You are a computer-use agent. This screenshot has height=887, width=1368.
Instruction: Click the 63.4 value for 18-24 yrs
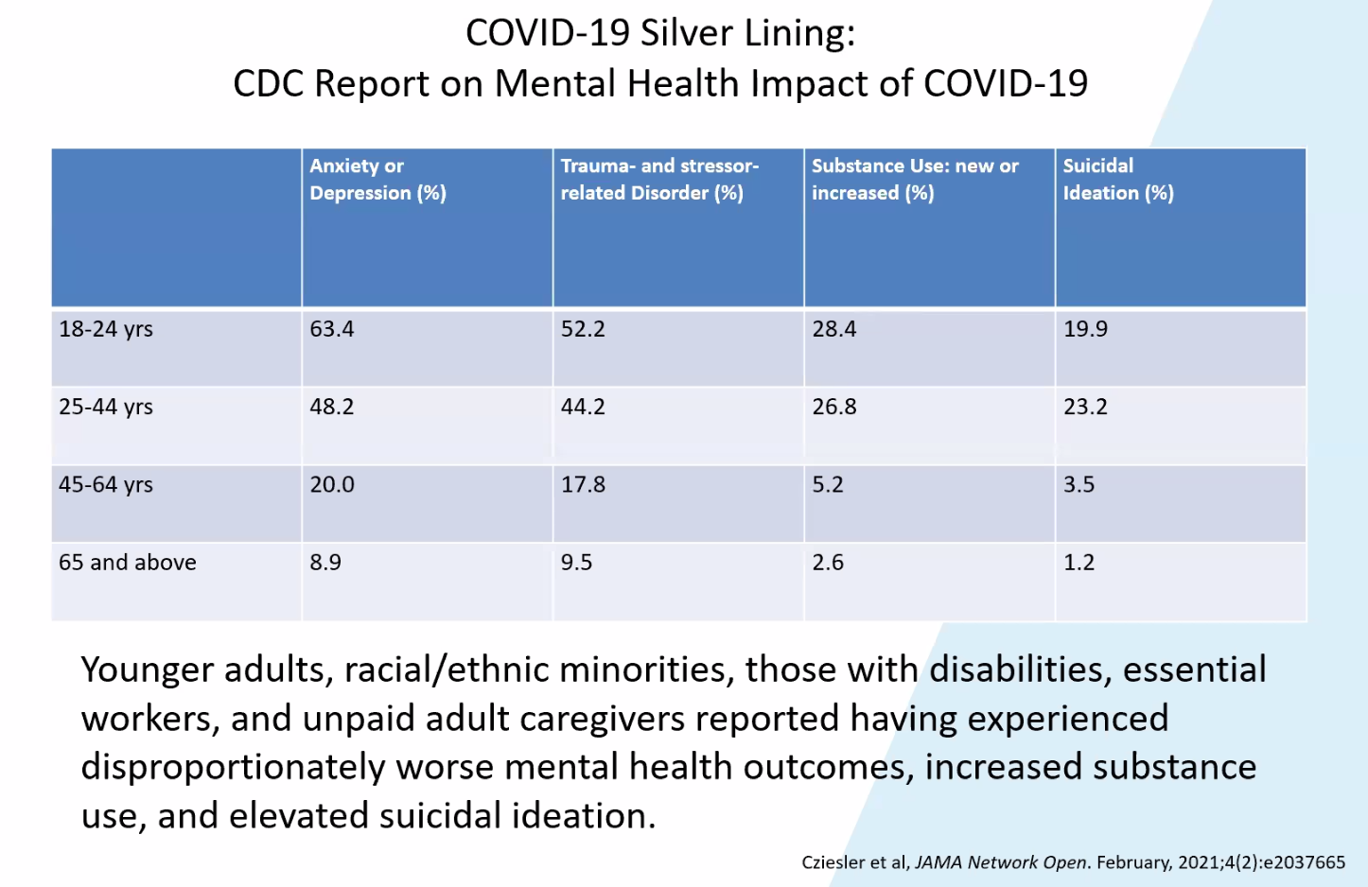[x=332, y=329]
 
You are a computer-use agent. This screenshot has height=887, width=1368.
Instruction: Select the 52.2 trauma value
[x=583, y=329]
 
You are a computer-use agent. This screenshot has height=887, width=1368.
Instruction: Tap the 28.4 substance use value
[x=834, y=329]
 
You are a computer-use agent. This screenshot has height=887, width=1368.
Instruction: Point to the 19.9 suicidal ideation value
[x=1085, y=329]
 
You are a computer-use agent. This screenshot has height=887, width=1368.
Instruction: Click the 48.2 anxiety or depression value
[x=332, y=407]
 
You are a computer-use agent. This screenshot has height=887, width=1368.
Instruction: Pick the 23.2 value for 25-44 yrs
[x=1085, y=407]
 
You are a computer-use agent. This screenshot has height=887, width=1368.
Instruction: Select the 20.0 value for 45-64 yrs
[x=332, y=484]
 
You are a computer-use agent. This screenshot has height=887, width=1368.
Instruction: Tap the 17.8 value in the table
[x=583, y=484]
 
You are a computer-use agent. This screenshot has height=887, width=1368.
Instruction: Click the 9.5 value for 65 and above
[x=576, y=563]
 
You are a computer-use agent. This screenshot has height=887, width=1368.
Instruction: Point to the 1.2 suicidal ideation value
[x=1079, y=563]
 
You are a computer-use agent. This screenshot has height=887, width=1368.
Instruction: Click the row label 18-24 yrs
[x=106, y=329]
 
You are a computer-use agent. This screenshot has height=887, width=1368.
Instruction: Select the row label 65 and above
[x=128, y=563]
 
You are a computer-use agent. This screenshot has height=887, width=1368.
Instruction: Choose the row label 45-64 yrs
[x=106, y=484]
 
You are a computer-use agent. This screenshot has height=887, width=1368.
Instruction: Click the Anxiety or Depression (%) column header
[x=377, y=179]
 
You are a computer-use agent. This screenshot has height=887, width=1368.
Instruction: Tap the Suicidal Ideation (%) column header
[x=1117, y=179]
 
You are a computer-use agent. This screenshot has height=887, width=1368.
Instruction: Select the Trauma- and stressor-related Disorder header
[x=659, y=179]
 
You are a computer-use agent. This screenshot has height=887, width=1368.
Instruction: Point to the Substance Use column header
[x=915, y=179]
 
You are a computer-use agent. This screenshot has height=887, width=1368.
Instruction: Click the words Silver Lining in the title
[x=747, y=33]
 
